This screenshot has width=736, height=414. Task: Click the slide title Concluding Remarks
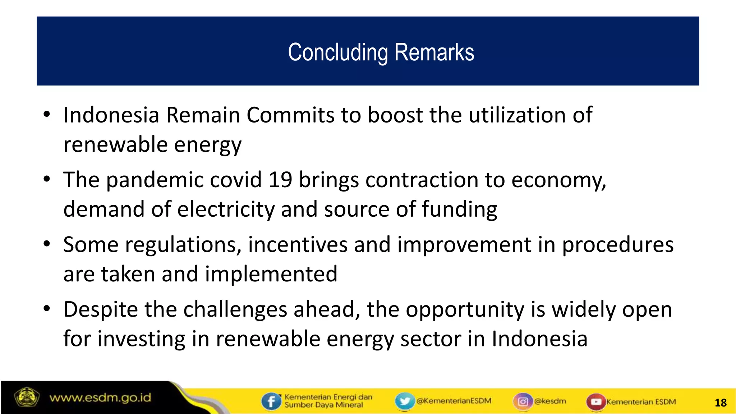381,52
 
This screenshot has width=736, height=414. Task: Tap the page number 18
721,402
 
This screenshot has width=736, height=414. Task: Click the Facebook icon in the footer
271,401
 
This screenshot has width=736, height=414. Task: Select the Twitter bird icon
405,401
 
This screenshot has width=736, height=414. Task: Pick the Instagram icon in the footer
523,401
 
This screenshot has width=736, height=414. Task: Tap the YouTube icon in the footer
596,401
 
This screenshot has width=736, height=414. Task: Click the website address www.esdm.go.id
100,398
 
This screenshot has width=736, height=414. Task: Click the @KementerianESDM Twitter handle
454,401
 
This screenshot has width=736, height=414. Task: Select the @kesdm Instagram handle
550,401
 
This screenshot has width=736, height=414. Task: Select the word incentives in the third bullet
298,245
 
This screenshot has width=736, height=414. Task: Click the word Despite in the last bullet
101,309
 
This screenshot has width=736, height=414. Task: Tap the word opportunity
465,309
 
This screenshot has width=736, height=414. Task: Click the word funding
459,209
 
